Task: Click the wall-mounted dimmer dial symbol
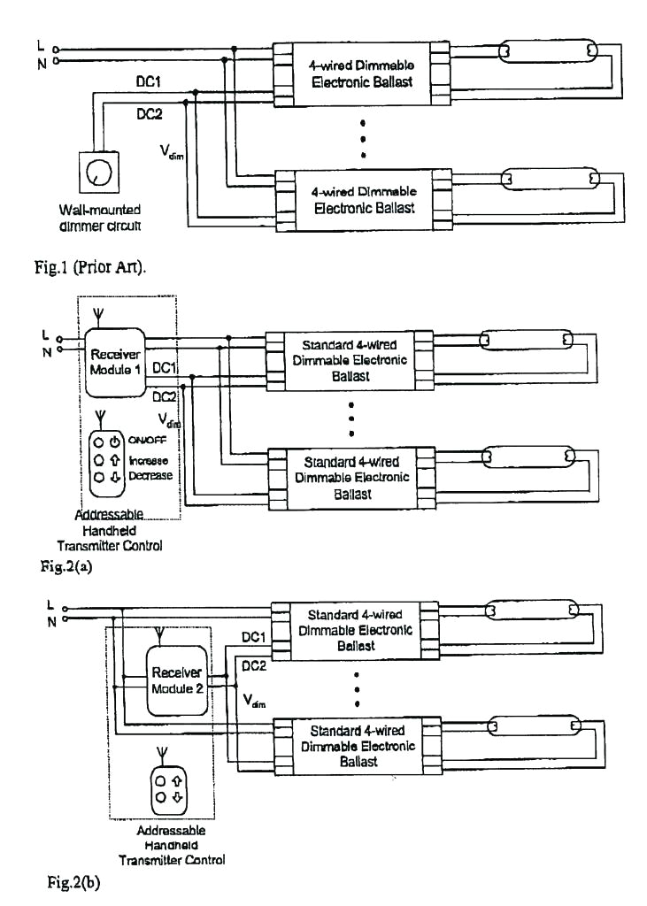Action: [92, 173]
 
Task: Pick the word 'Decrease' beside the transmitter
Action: [150, 476]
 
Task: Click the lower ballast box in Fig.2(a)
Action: [351, 478]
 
